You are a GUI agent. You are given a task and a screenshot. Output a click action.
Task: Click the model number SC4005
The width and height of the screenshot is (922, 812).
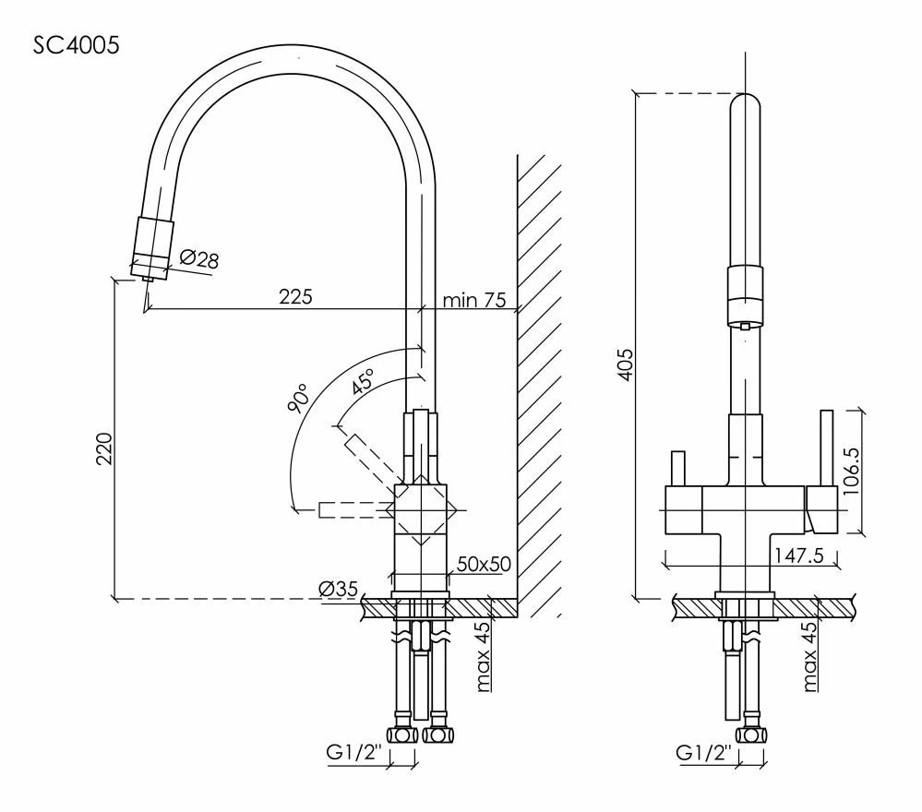click(x=76, y=45)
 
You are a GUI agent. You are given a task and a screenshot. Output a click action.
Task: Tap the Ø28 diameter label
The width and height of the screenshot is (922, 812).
click(x=198, y=258)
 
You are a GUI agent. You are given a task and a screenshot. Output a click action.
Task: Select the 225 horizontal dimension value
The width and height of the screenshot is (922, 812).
click(x=295, y=297)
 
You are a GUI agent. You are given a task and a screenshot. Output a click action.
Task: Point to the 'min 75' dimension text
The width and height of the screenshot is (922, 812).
click(x=474, y=300)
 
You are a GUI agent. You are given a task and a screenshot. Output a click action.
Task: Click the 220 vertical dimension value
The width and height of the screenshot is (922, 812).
click(x=104, y=449)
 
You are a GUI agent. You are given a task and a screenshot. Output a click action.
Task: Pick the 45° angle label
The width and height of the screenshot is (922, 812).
click(x=363, y=382)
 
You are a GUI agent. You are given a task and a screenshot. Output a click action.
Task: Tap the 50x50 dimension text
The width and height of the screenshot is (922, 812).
click(x=484, y=565)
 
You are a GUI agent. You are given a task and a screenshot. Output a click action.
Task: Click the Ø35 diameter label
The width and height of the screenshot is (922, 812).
click(x=338, y=588)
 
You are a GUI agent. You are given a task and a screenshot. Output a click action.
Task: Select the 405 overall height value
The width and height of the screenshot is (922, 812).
click(x=627, y=364)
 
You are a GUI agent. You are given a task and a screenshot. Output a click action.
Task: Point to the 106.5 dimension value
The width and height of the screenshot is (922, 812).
click(x=851, y=472)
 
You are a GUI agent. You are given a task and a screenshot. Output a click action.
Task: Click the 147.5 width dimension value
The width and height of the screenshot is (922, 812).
click(x=799, y=555)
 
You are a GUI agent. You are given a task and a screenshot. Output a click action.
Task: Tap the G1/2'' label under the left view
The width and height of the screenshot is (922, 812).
click(x=354, y=752)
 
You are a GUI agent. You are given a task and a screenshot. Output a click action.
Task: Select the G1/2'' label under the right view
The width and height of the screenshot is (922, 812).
click(x=703, y=752)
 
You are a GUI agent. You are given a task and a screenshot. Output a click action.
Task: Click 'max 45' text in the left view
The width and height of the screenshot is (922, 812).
click(x=483, y=656)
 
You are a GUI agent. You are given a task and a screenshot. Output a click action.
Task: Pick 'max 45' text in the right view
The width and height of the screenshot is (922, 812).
click(x=809, y=656)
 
